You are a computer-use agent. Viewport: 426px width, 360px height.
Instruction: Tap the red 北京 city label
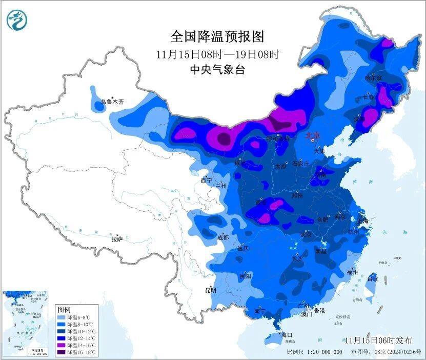pos(312,135)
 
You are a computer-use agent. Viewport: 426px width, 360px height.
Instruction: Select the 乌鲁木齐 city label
pos(112,102)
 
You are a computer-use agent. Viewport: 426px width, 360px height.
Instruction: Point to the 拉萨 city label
pos(117,238)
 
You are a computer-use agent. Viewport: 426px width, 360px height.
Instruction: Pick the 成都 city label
pos(223,237)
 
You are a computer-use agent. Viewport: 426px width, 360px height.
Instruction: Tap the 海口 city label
pos(287,335)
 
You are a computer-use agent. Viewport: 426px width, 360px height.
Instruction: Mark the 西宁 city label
pos(206,180)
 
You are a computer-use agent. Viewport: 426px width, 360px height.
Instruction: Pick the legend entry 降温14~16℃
pos(77,346)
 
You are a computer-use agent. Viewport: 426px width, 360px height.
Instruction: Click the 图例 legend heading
pos(64,310)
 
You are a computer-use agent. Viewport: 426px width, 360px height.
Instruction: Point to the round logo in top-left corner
pos(16,20)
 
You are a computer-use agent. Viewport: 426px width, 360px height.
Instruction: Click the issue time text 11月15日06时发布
pos(378,340)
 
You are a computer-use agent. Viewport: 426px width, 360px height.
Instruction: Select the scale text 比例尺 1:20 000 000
pos(314,352)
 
